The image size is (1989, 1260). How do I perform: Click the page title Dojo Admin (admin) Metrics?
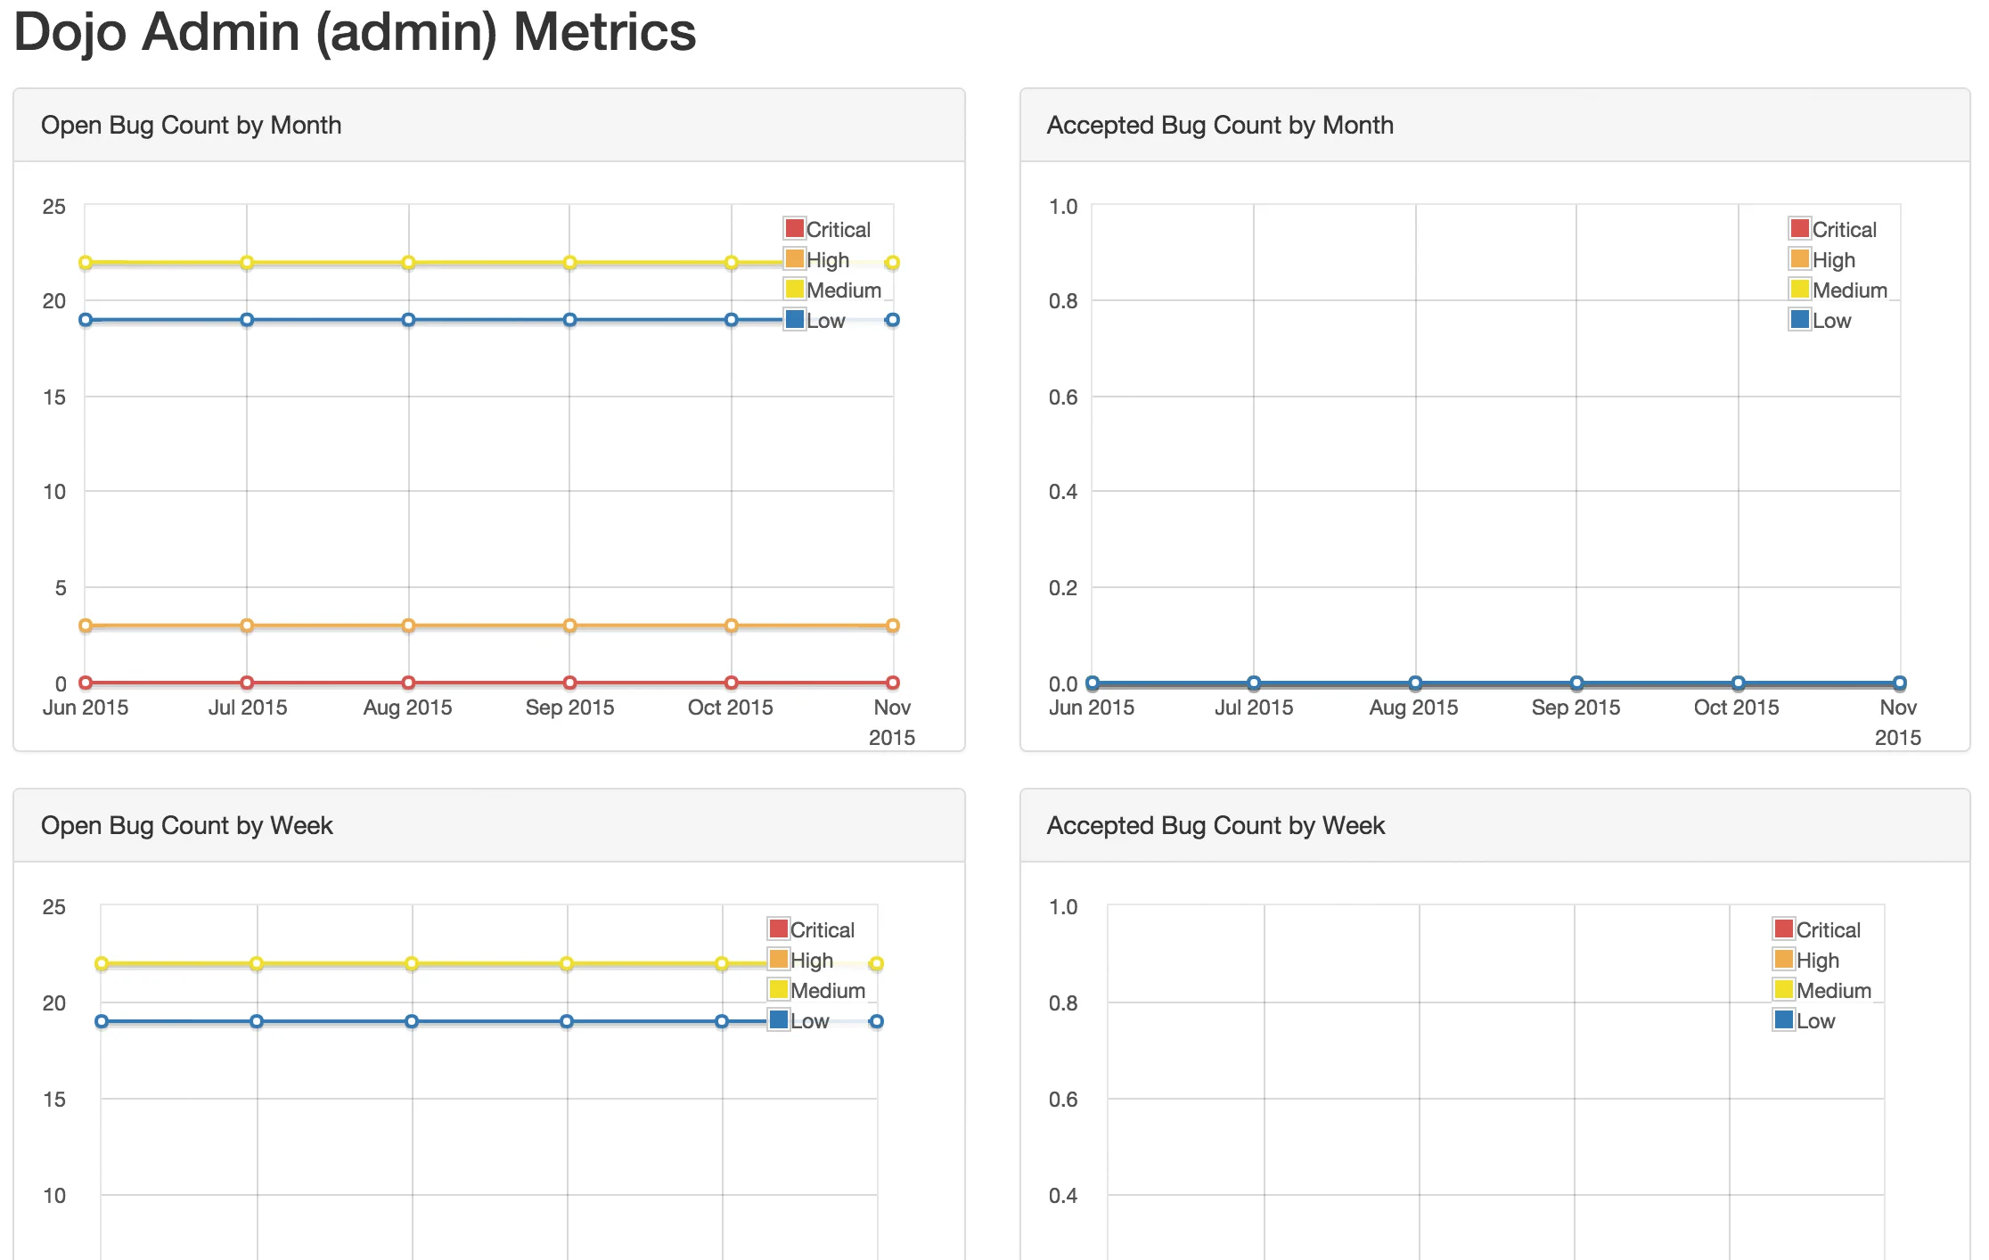[355, 32]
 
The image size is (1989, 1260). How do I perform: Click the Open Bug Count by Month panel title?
[191, 125]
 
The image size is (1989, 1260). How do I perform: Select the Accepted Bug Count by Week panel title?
[1215, 825]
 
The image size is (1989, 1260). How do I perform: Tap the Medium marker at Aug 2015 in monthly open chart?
[408, 263]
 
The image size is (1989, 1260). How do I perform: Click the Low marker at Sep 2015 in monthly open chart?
[569, 320]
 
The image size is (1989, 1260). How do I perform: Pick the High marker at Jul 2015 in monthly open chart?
[247, 626]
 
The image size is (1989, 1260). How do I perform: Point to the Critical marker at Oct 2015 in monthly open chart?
[731, 683]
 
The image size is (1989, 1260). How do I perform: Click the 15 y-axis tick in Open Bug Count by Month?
[54, 397]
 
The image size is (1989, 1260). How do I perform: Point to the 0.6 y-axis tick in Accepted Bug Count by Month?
[1062, 397]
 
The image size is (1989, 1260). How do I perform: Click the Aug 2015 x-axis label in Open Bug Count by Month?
[407, 707]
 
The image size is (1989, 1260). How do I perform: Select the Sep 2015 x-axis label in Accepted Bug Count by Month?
[1575, 707]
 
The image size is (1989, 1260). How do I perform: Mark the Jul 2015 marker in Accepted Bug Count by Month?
[1254, 683]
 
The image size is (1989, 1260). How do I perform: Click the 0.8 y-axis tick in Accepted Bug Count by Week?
[1062, 1002]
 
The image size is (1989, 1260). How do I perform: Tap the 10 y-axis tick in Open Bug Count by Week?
[54, 1195]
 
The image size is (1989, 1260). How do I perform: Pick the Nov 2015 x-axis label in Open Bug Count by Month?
[891, 721]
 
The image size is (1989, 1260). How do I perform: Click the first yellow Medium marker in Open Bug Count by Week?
[102, 963]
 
